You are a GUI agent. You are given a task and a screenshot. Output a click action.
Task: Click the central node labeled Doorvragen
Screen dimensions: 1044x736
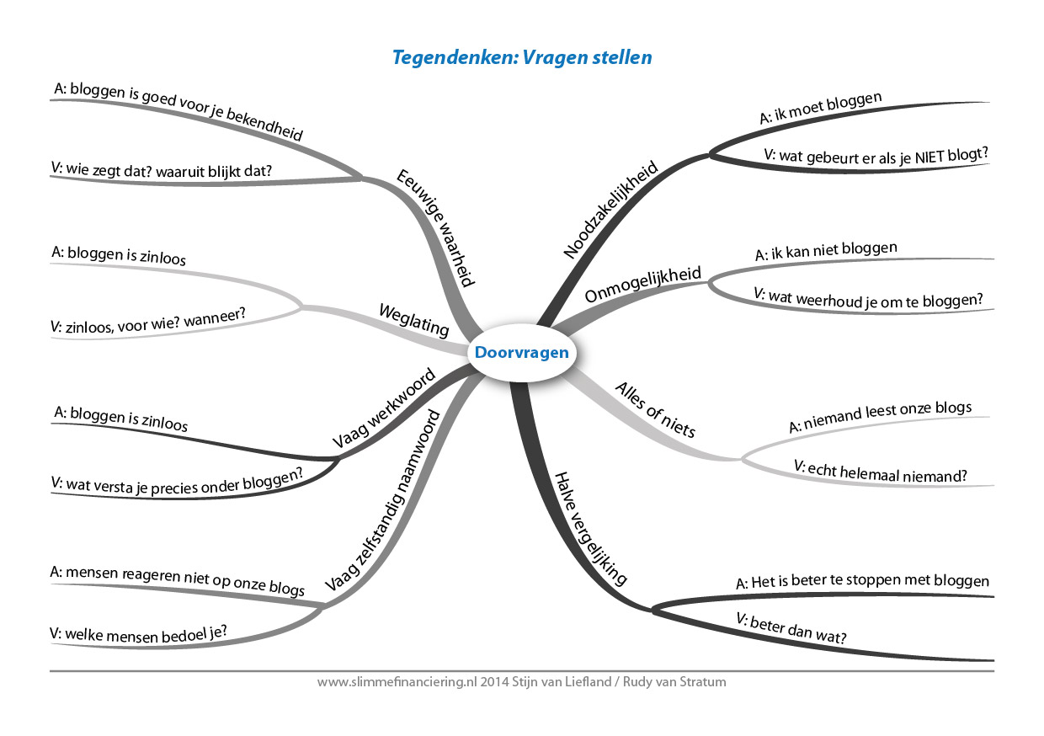click(521, 352)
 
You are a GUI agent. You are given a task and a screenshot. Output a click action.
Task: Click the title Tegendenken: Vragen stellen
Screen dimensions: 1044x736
click(522, 57)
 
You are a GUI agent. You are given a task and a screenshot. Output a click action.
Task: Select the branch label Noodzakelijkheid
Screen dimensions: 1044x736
click(610, 210)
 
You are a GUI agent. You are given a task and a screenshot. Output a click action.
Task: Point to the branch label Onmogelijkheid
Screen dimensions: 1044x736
click(642, 284)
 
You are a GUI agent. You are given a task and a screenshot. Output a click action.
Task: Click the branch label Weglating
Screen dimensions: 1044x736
click(414, 320)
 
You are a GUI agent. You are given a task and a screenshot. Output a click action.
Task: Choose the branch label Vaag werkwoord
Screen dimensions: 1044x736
click(384, 408)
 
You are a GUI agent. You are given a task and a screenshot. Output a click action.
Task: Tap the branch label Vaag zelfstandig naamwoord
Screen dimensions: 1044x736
click(382, 500)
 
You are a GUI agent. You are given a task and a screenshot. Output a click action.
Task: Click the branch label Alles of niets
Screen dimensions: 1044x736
click(656, 410)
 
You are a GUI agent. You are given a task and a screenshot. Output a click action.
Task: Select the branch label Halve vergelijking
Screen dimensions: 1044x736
click(590, 529)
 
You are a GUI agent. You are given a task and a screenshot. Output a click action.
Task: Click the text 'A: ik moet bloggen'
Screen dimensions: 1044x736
click(821, 108)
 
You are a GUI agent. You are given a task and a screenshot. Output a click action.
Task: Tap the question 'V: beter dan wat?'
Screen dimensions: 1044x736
click(791, 628)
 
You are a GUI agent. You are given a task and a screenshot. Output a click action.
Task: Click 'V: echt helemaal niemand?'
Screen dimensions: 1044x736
click(881, 472)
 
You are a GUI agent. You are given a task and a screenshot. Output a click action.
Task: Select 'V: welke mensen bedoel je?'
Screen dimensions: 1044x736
click(138, 634)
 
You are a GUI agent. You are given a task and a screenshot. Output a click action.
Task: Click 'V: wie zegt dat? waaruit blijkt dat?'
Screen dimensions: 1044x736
click(162, 170)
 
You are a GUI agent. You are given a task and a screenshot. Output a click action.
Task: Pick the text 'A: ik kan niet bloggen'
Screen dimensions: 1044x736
click(826, 251)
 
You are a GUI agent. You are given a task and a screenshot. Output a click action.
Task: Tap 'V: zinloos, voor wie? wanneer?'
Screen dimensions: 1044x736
click(147, 321)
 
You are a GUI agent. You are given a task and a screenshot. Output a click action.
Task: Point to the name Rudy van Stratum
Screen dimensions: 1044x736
click(674, 682)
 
